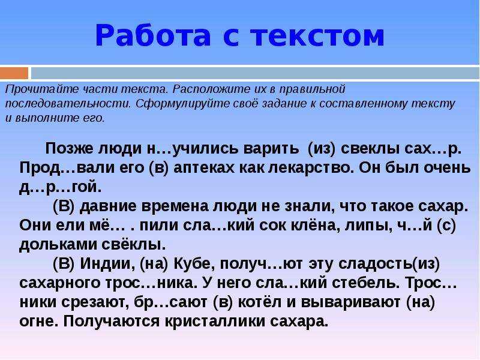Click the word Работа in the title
tap(154, 35)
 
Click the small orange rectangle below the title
tap(14, 73)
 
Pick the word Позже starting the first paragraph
tap(69, 148)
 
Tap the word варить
tap(271, 148)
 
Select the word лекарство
tap(310, 168)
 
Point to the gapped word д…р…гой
tap(60, 187)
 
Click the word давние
tap(108, 206)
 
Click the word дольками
tap(58, 244)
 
